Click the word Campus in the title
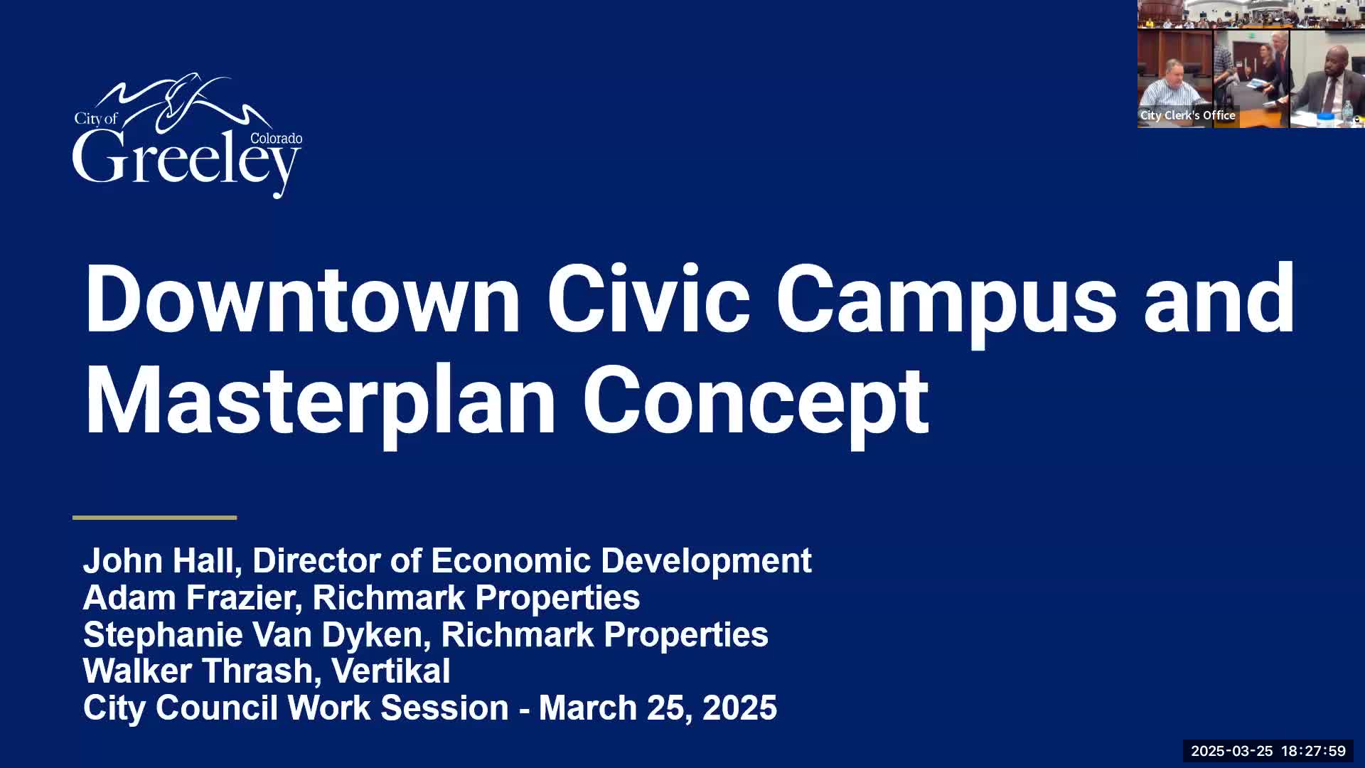(x=946, y=306)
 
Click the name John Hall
(x=158, y=560)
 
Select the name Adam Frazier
(x=188, y=597)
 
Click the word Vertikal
(x=391, y=671)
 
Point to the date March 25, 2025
(x=658, y=708)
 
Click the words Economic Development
(x=621, y=560)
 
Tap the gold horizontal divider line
(x=154, y=518)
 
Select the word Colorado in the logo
(x=276, y=138)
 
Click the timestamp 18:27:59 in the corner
(x=1313, y=751)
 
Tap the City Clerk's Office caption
(x=1187, y=115)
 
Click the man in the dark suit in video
(x=1324, y=89)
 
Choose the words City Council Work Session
(x=296, y=708)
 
